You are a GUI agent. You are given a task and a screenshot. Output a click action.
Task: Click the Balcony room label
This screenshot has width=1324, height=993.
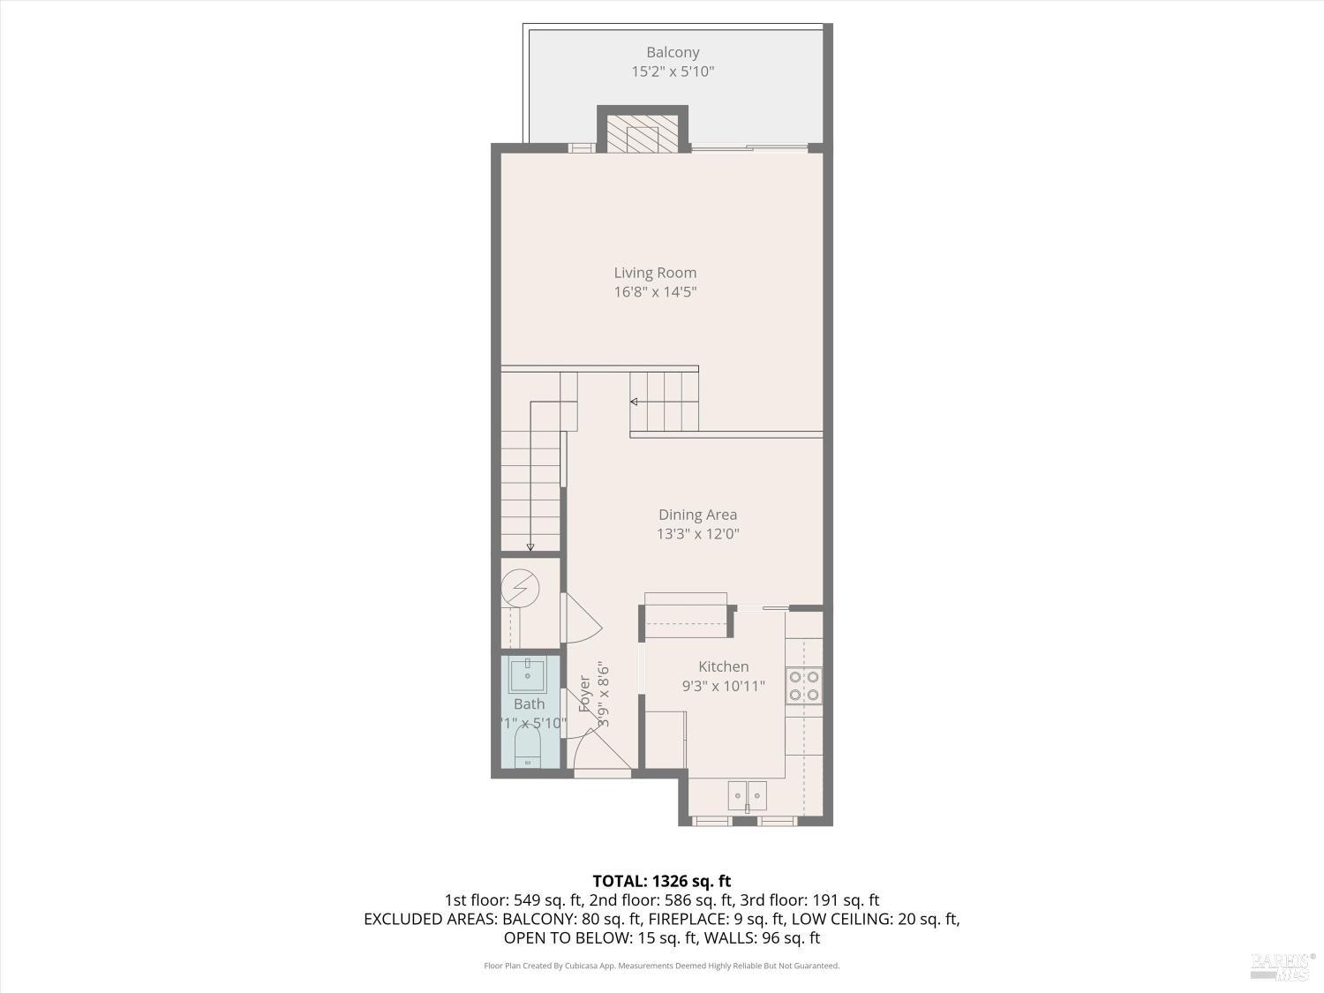[x=673, y=53]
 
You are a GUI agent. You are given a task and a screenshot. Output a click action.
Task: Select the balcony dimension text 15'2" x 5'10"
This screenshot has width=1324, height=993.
[x=673, y=72]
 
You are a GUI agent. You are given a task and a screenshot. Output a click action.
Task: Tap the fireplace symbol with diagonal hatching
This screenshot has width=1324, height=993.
[x=643, y=132]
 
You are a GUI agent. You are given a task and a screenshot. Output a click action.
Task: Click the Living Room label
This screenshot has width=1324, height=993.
[x=655, y=273]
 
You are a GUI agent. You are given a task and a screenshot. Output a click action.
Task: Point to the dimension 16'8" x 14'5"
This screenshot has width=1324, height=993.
[x=655, y=292]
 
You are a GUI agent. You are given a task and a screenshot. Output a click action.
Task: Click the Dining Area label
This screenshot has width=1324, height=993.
[x=697, y=515]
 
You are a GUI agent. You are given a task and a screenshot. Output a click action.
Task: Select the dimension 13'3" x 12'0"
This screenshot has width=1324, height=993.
[x=697, y=534]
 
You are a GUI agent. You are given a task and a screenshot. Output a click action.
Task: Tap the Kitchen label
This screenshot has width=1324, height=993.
[x=723, y=666]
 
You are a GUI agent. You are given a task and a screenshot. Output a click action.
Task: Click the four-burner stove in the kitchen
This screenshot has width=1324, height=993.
[x=803, y=686]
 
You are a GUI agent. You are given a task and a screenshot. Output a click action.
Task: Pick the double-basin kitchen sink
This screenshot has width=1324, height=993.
[x=747, y=795]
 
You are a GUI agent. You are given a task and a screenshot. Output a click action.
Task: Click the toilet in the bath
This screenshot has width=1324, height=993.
[x=528, y=751]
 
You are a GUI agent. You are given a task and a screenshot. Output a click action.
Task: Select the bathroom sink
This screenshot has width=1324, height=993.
[x=528, y=674]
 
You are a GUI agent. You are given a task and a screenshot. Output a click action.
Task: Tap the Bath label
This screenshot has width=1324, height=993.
[x=529, y=703]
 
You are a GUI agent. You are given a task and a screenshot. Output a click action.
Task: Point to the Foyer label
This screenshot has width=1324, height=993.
[x=584, y=694]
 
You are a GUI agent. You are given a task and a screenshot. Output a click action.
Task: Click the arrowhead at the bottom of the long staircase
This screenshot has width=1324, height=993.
[x=530, y=547]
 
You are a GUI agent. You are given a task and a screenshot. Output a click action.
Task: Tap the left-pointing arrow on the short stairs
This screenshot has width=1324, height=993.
[x=634, y=402]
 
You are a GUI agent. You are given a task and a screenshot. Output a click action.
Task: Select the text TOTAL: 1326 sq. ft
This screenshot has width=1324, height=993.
[x=661, y=881]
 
